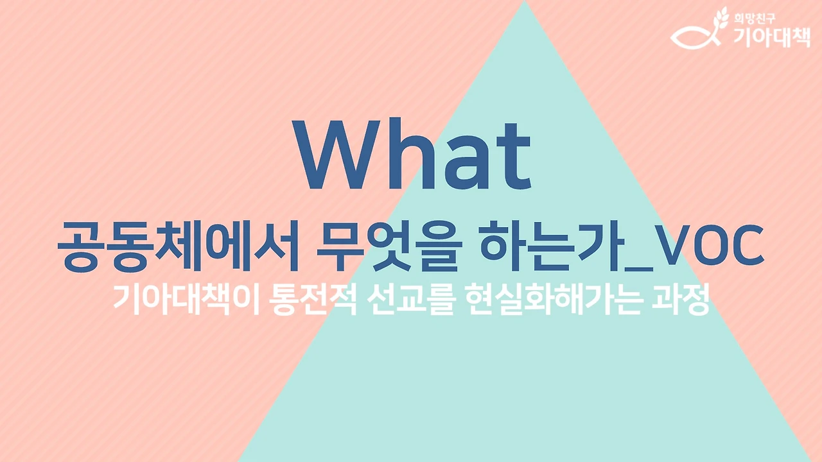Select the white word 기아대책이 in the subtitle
point(185,300)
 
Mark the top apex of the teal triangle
point(525,3)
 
